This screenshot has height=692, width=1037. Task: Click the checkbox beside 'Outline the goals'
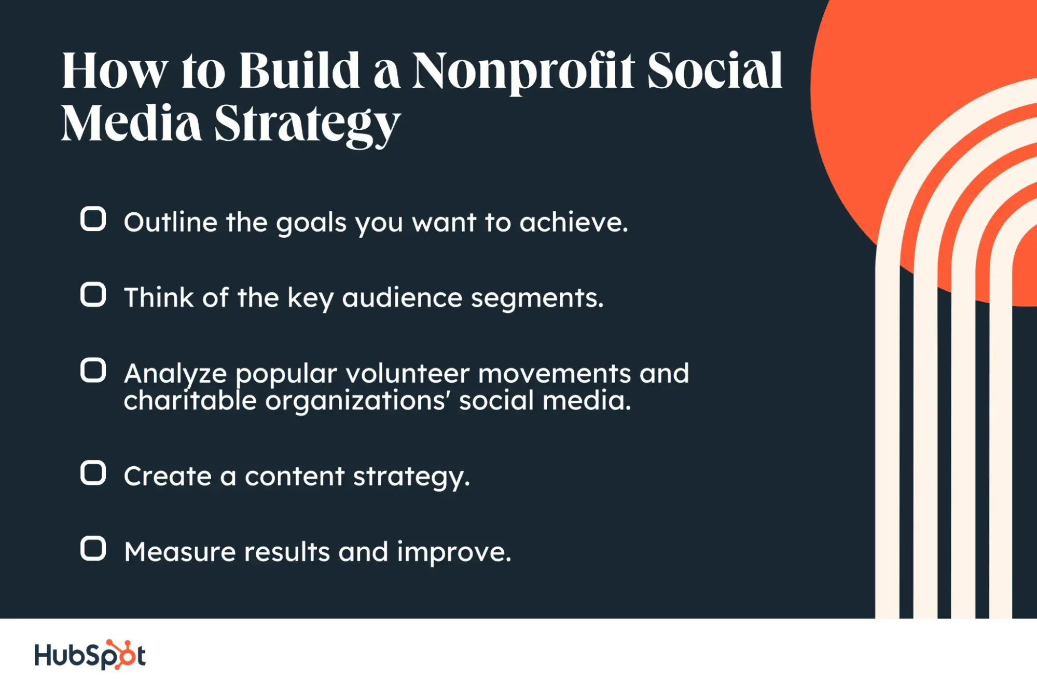(93, 219)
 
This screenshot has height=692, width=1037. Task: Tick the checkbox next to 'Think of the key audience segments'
(93, 295)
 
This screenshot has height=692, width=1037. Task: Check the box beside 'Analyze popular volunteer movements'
(93, 370)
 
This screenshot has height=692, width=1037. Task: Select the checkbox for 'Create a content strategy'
(93, 473)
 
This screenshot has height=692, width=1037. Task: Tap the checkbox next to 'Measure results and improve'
(93, 549)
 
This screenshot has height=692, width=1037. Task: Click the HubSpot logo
(90, 655)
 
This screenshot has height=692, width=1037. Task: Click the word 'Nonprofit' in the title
(523, 73)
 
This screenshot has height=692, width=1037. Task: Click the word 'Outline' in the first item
(170, 222)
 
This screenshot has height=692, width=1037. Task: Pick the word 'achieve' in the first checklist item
(573, 222)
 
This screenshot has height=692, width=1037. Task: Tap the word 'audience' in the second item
(402, 298)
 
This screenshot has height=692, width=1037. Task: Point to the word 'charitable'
(190, 401)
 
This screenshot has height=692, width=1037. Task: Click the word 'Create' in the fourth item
(168, 476)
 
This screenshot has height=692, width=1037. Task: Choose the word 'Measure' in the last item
(180, 551)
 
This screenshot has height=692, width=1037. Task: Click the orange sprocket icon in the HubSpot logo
(120, 655)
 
